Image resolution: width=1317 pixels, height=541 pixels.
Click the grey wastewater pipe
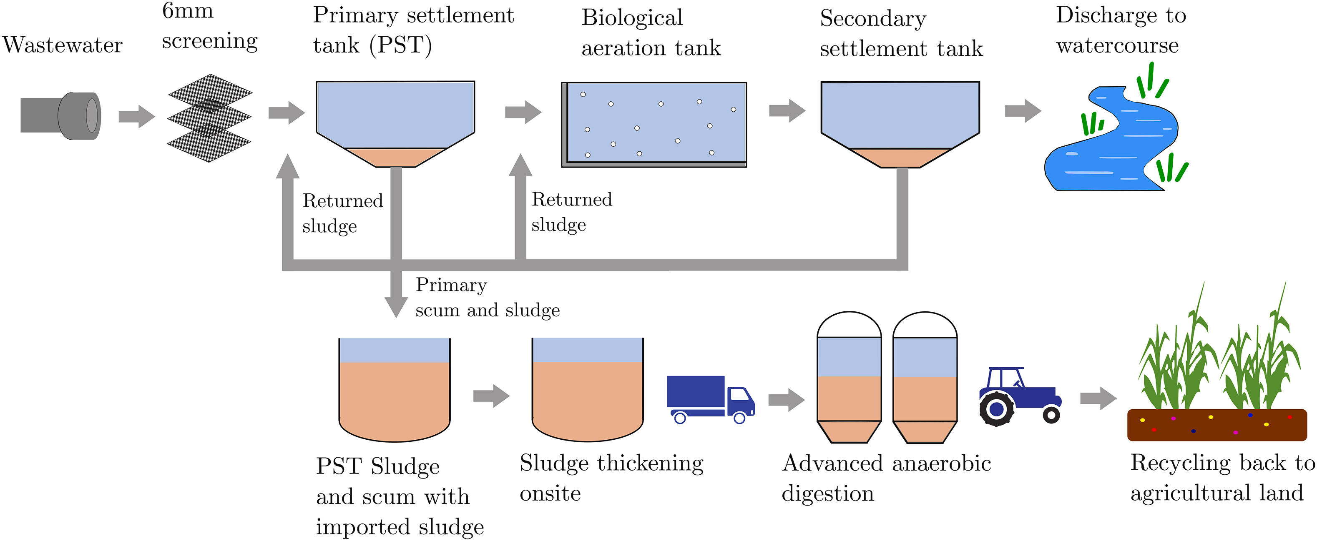point(60,115)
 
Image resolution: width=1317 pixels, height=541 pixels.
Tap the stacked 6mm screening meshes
point(210,118)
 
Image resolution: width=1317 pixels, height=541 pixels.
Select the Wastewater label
point(63,45)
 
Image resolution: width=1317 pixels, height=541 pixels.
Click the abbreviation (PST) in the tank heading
point(401,45)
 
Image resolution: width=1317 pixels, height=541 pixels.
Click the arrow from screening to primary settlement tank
point(287,113)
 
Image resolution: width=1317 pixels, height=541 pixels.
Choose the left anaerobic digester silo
point(849,378)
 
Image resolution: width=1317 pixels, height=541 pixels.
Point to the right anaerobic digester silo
point(925,378)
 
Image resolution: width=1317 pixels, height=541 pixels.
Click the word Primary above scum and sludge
point(451,285)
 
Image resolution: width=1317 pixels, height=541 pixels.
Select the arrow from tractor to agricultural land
point(1098,398)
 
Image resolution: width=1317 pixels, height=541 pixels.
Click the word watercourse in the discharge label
point(1117,45)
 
